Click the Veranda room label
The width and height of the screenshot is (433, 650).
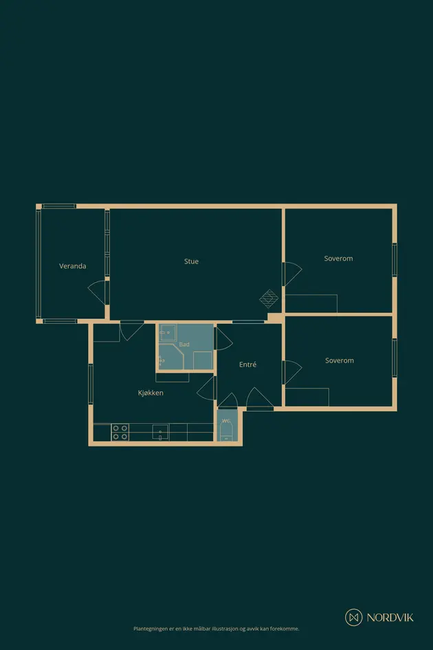click(73, 266)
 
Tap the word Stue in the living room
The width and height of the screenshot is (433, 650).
click(192, 261)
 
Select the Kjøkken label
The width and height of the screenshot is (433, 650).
click(151, 393)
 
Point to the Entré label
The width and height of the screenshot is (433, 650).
click(248, 365)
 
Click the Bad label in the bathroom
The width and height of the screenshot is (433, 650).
click(184, 344)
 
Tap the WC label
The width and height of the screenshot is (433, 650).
click(226, 421)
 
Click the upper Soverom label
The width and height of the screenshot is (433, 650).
click(339, 258)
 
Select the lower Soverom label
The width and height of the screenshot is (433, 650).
click(340, 360)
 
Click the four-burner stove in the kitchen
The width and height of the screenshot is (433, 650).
click(120, 433)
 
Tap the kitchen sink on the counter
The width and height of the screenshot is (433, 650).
click(160, 432)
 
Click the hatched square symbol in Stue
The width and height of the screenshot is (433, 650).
click(269, 299)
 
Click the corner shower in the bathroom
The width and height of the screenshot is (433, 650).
click(170, 356)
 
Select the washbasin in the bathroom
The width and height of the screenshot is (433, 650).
click(168, 333)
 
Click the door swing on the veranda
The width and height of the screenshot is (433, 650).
click(98, 292)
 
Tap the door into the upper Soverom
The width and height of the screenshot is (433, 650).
click(292, 274)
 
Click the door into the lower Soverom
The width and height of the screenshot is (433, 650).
click(292, 372)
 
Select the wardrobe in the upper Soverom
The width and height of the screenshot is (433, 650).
click(311, 303)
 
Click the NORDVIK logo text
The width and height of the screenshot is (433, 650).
click(390, 618)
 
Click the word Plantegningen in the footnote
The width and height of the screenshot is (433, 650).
click(151, 629)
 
